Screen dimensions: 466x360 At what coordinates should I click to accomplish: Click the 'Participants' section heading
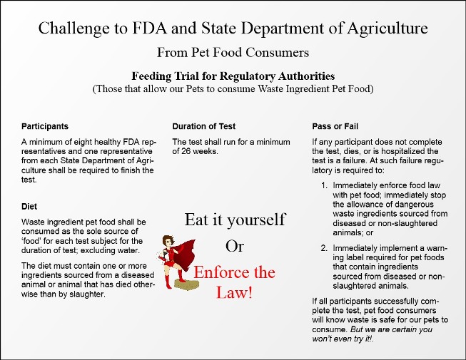[x=45, y=126]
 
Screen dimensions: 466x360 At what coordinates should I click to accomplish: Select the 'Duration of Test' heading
[x=204, y=126]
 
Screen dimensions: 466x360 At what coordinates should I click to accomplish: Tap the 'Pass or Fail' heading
[x=335, y=126]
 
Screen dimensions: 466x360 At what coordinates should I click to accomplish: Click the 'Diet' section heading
[x=29, y=207]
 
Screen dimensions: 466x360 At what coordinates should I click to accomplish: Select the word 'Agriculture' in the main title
[x=388, y=29]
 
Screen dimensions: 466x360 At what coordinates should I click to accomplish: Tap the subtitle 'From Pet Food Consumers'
[x=233, y=53]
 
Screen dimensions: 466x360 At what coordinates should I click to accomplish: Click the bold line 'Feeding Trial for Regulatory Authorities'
[x=233, y=76]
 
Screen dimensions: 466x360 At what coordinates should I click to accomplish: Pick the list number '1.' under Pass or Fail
[x=324, y=185]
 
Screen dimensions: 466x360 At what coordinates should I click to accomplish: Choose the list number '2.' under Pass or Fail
[x=324, y=248]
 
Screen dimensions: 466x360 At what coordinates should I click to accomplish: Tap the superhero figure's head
[x=168, y=242]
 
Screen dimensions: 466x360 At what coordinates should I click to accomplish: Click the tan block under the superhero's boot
[x=187, y=284]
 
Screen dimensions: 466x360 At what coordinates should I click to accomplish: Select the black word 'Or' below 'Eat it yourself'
[x=235, y=247]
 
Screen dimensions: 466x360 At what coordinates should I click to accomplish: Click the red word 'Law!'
[x=235, y=292]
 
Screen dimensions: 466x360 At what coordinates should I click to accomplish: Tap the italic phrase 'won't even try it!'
[x=343, y=339]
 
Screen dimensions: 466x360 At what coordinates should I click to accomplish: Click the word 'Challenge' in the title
[x=74, y=29]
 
